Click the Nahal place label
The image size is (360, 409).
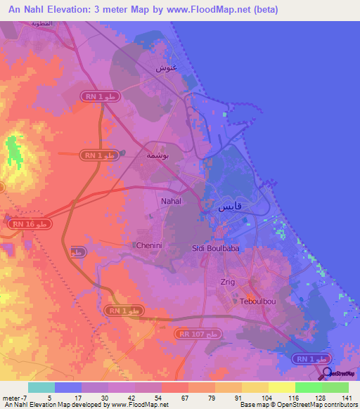[x=172, y=201]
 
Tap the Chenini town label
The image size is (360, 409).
[x=148, y=245]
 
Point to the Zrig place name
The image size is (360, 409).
[x=227, y=280]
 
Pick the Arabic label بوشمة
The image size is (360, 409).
[x=155, y=155]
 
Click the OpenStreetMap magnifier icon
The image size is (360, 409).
[x=327, y=372]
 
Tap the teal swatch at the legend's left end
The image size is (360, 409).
[x=41, y=387]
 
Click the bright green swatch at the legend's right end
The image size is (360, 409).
[x=335, y=387]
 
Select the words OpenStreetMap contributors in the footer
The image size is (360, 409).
[x=318, y=405]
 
